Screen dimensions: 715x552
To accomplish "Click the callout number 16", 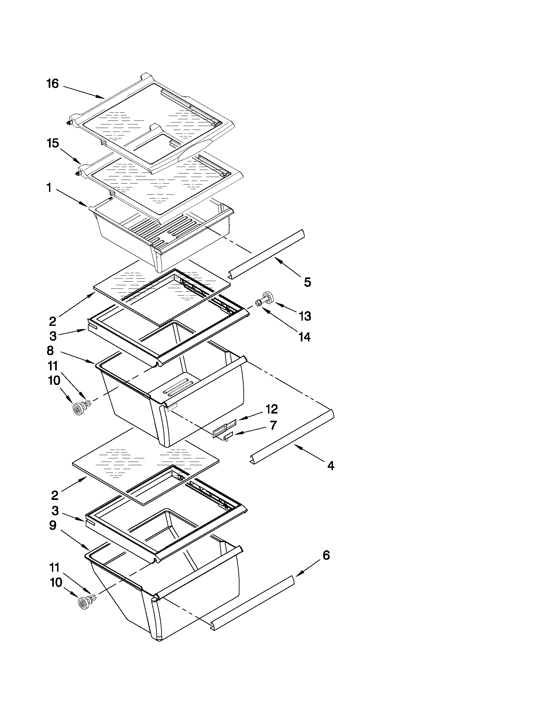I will pyautogui.click(x=52, y=84).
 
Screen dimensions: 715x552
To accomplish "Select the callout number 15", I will pyautogui.click(x=53, y=143).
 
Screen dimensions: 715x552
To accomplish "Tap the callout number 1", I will pyautogui.click(x=49, y=188).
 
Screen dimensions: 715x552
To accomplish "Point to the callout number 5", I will pyautogui.click(x=307, y=282).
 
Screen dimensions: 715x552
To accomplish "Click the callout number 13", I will pyautogui.click(x=305, y=316).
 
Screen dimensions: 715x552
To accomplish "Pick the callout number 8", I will pyautogui.click(x=50, y=351).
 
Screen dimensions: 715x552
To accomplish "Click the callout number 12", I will pyautogui.click(x=272, y=409).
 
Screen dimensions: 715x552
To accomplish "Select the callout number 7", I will pyautogui.click(x=273, y=425).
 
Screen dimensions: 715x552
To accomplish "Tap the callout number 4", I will pyautogui.click(x=331, y=466).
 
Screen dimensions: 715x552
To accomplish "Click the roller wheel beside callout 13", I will pyautogui.click(x=267, y=297).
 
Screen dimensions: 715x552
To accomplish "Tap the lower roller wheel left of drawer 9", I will pyautogui.click(x=84, y=603).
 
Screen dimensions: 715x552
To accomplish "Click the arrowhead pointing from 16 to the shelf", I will pyautogui.click(x=101, y=97).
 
